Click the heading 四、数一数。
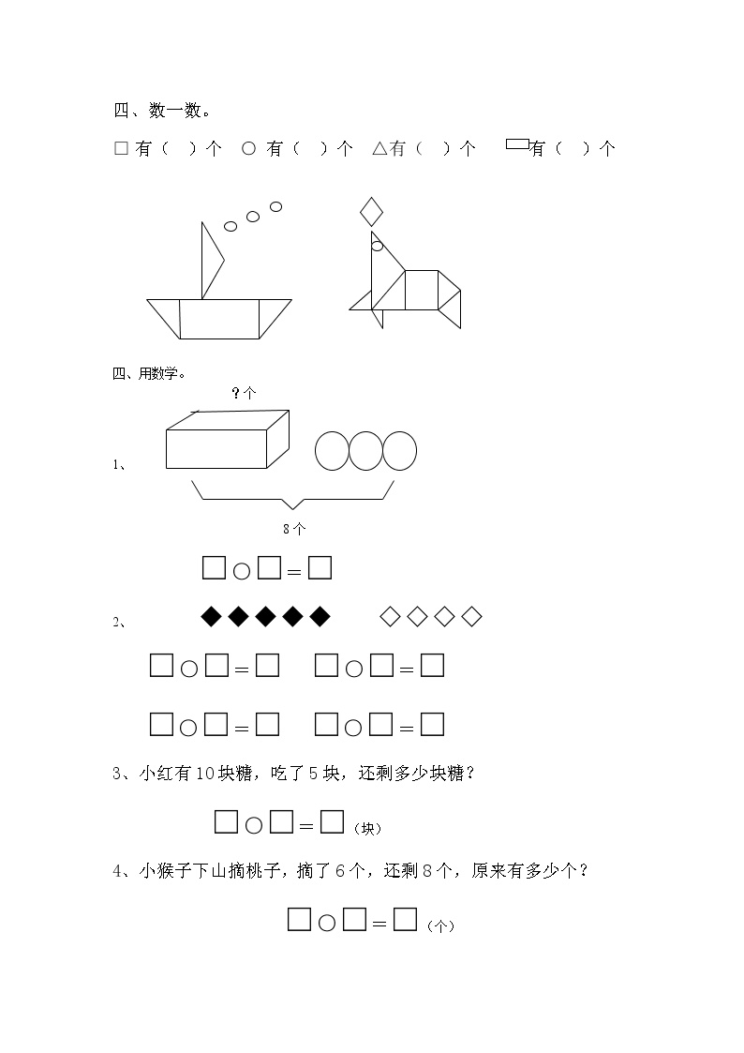[x=162, y=110]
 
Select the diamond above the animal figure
[x=371, y=212]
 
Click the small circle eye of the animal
[x=377, y=247]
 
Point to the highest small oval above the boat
[x=275, y=206]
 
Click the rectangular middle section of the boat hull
[x=219, y=319]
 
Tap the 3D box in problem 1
[x=228, y=439]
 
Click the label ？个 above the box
[x=245, y=393]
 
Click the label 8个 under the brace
[x=294, y=529]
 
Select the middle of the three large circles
[x=365, y=451]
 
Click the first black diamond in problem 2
[x=212, y=616]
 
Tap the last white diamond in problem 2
[x=471, y=616]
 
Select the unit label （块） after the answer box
[x=367, y=829]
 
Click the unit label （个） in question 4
[x=440, y=926]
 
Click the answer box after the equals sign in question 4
[x=405, y=919]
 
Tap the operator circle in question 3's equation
[x=254, y=825]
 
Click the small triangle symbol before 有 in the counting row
[x=379, y=148]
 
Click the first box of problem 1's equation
[x=214, y=567]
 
